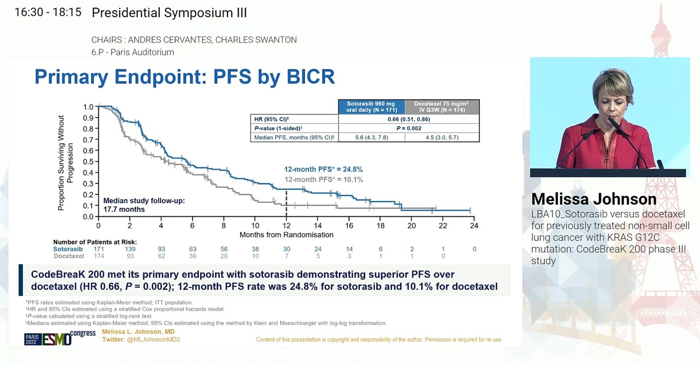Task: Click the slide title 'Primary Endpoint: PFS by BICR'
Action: pyautogui.click(x=184, y=77)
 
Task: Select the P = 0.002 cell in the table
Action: pyautogui.click(x=409, y=128)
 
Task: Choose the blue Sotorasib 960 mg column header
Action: pyautogui.click(x=371, y=107)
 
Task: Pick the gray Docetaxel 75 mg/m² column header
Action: pyautogui.click(x=441, y=107)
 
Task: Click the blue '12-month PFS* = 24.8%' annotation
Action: pyautogui.click(x=323, y=170)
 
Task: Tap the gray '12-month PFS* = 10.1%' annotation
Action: pyautogui.click(x=323, y=179)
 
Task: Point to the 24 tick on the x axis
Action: pyautogui.click(x=474, y=225)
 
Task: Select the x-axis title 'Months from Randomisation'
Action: pyautogui.click(x=286, y=235)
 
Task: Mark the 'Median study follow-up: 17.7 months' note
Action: pyautogui.click(x=144, y=205)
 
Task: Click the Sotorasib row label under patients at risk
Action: pyautogui.click(x=68, y=249)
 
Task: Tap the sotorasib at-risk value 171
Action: pyautogui.click(x=98, y=249)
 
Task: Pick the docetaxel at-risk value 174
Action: pyautogui.click(x=98, y=256)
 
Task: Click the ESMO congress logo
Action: pyautogui.click(x=60, y=338)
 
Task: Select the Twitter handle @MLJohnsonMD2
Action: pyautogui.click(x=153, y=339)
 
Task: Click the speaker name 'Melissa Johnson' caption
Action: pyautogui.click(x=593, y=199)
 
